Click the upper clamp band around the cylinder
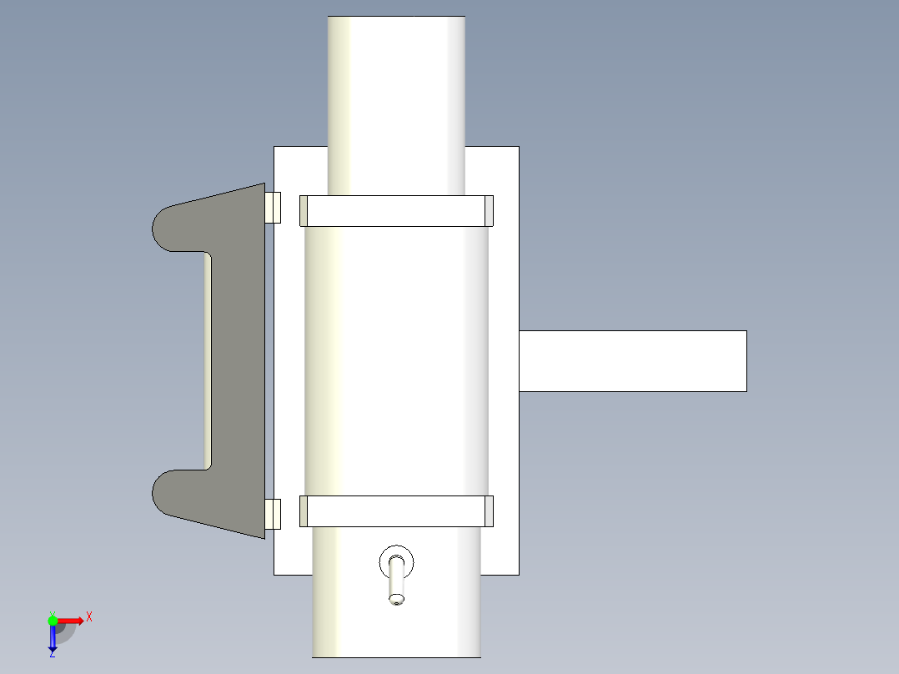pyautogui.click(x=396, y=211)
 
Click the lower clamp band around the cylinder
pyautogui.click(x=396, y=511)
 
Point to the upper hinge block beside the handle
pyautogui.click(x=273, y=208)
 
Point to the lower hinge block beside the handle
pyautogui.click(x=273, y=514)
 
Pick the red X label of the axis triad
pyautogui.click(x=89, y=616)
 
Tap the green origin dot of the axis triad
pyautogui.click(x=53, y=621)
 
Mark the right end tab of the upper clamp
pyautogui.click(x=489, y=211)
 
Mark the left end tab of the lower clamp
pyautogui.click(x=304, y=511)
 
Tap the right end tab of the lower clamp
pyautogui.click(x=489, y=511)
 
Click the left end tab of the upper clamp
pyautogui.click(x=304, y=211)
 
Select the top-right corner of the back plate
pyautogui.click(x=518, y=148)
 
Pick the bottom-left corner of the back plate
pyautogui.click(x=275, y=574)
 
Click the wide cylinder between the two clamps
pyautogui.click(x=396, y=359)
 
